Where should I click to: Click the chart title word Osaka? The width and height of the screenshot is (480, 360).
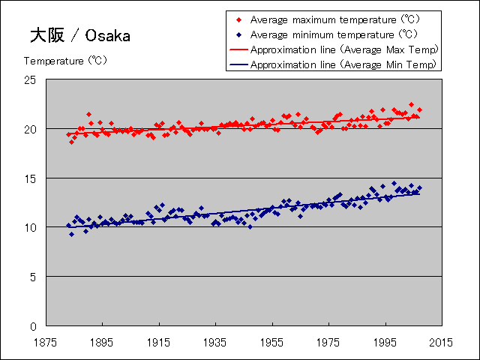click(107, 35)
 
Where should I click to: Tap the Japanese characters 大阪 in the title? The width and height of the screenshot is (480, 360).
click(48, 35)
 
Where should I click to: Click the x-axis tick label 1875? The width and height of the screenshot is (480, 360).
click(45, 341)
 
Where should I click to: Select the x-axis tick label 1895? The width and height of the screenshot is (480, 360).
click(102, 341)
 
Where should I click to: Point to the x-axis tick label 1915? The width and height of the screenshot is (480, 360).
click(158, 341)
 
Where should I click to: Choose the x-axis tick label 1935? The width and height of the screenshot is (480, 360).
click(215, 341)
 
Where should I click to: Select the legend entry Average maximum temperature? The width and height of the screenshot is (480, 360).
click(334, 19)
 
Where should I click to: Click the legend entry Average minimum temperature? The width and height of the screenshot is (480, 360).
click(334, 34)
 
